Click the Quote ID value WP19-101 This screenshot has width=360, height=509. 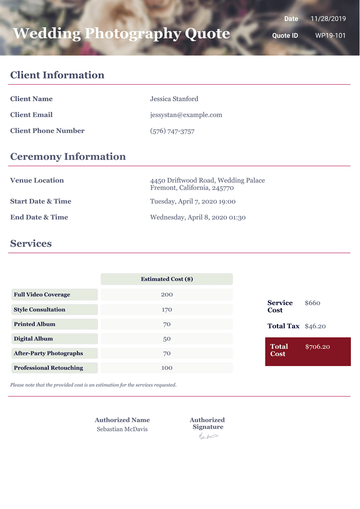point(330,36)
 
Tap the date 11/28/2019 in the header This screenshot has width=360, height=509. point(328,19)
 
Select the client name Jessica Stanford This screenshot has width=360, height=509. point(174,99)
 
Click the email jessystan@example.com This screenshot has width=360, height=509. point(186,115)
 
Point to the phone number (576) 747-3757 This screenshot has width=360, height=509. point(172,131)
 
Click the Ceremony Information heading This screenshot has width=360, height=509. point(68,157)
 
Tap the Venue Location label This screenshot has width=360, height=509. point(37,180)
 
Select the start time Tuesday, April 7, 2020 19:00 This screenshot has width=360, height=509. point(193,201)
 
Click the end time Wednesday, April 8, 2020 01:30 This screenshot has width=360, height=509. point(198,217)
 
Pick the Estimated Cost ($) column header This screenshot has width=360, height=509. point(167,279)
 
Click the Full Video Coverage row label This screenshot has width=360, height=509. point(42,295)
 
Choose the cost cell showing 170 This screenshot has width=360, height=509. point(167,310)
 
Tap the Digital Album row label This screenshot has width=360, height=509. point(33,339)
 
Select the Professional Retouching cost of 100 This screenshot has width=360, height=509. point(167,368)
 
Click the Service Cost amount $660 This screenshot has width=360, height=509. point(313,303)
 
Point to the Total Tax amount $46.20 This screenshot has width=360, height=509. point(315,326)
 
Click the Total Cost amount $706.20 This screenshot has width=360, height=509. point(318,347)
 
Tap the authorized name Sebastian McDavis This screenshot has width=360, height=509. point(122,429)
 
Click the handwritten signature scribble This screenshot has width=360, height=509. point(208,437)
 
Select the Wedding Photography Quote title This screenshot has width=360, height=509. point(121,33)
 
